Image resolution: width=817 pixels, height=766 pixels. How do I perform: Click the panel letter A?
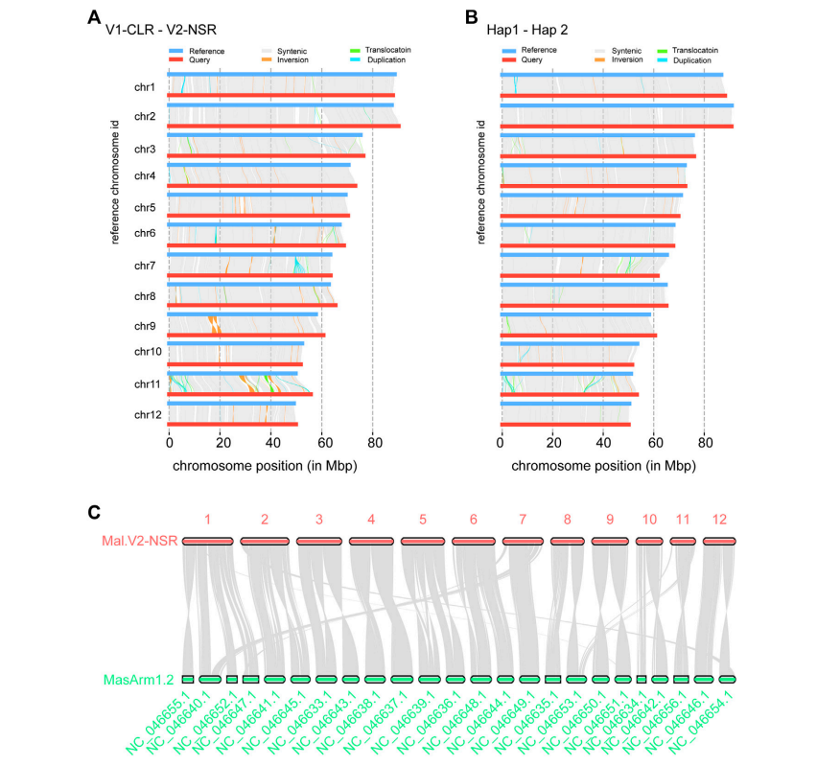pyautogui.click(x=94, y=16)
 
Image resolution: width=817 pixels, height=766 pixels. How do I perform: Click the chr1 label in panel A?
pyautogui.click(x=146, y=87)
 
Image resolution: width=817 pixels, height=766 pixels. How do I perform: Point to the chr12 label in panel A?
pyautogui.click(x=146, y=416)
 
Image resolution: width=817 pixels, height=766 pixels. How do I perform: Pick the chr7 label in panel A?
pyautogui.click(x=146, y=266)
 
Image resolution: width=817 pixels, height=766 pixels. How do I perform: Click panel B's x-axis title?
pyautogui.click(x=602, y=466)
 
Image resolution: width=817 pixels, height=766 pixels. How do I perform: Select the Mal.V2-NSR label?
pyautogui.click(x=139, y=542)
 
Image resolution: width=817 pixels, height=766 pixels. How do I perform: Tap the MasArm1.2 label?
pyautogui.click(x=138, y=680)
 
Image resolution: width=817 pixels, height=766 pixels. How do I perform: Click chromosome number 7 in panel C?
pyautogui.click(x=523, y=520)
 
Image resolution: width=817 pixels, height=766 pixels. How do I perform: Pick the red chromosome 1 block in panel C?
pyautogui.click(x=207, y=542)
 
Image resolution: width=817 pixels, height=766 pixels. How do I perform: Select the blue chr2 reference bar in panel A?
pyautogui.click(x=282, y=105)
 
